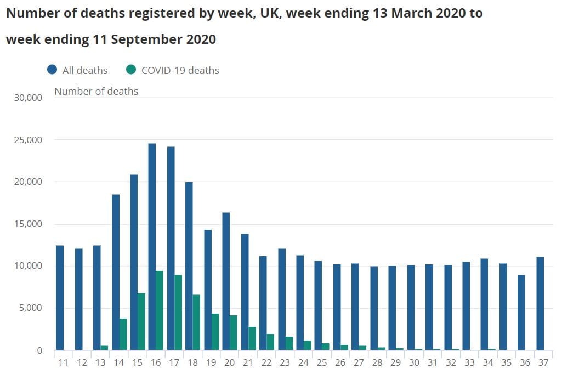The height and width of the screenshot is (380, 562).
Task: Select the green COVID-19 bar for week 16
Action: point(160,310)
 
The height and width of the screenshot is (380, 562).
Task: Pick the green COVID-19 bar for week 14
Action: point(123,334)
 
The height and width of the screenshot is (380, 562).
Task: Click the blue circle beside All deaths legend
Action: point(53,70)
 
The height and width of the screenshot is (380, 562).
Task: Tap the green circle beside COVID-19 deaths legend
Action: point(131,70)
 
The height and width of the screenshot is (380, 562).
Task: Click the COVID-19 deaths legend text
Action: point(180,70)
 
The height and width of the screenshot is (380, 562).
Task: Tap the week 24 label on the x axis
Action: point(303,363)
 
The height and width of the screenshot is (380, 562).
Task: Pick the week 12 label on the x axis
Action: point(82,363)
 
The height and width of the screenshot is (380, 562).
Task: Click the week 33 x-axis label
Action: point(469,363)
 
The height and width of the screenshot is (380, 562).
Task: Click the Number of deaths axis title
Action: point(96,91)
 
